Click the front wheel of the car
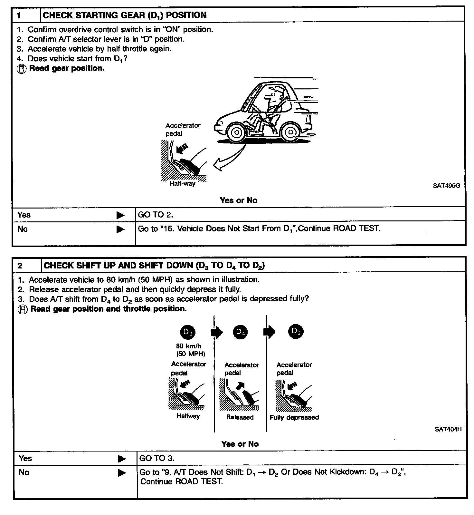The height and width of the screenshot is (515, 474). (237, 132)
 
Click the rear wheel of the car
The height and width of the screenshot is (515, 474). (290, 132)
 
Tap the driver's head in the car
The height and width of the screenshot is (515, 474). (274, 94)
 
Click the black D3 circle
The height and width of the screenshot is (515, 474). (188, 332)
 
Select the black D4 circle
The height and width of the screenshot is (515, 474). (240, 332)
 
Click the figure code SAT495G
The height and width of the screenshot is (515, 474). (446, 186)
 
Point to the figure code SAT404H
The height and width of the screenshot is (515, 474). (448, 429)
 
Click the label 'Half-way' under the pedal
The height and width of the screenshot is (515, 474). (182, 184)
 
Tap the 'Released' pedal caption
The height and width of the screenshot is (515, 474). (240, 417)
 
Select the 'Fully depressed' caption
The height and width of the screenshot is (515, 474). (294, 417)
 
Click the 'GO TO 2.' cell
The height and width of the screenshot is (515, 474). (156, 215)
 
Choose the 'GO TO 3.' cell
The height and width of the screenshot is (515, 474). (157, 458)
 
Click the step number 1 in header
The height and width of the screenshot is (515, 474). (19, 15)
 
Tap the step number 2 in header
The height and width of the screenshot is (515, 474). (20, 265)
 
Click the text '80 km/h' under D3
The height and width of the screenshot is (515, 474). (189, 346)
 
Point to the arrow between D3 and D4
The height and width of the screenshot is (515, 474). (217, 332)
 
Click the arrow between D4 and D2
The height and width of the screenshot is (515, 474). (269, 332)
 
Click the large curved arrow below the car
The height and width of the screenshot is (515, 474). (227, 160)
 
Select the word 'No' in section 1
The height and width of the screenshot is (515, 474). (23, 229)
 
